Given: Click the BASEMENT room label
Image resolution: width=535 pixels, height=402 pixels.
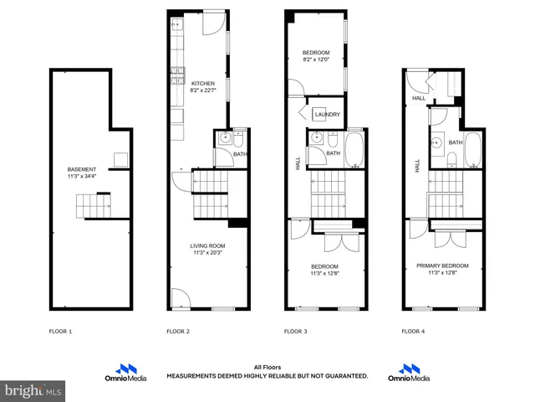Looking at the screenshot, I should click(83, 169).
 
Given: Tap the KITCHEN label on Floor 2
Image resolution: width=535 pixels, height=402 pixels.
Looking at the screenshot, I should click(203, 84).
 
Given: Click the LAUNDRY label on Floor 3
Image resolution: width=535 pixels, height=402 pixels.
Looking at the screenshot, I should click(326, 115).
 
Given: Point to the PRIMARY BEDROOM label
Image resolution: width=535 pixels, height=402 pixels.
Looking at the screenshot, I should click(442, 265).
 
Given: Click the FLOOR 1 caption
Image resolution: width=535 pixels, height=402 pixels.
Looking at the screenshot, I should click(60, 332).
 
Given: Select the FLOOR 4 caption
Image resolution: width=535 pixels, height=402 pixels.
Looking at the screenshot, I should click(413, 332).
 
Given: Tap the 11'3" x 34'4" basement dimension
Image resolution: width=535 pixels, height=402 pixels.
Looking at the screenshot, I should click(83, 177).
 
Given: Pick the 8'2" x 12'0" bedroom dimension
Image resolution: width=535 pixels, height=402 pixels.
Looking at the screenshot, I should click(316, 59).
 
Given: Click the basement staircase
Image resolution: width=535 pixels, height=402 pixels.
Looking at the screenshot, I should click(94, 204).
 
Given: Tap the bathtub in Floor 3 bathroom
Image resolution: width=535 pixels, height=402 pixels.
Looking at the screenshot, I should click(354, 148).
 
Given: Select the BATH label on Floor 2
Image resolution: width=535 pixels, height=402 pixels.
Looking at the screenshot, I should click(240, 154).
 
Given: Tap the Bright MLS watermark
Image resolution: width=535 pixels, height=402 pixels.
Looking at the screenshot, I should click(33, 390).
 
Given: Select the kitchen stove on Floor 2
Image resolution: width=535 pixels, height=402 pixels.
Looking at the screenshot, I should click(177, 75).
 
